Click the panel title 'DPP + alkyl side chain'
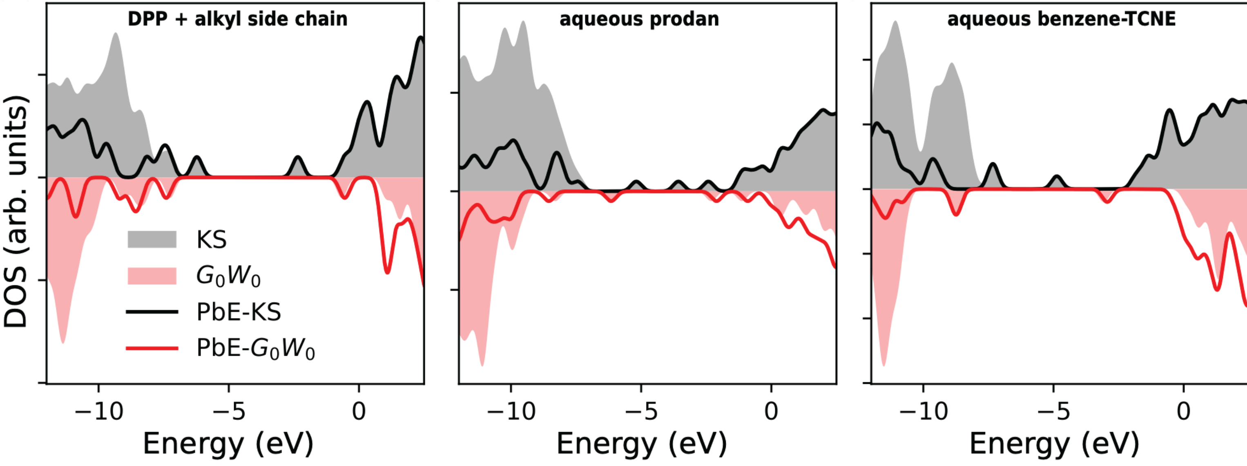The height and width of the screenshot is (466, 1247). [237, 19]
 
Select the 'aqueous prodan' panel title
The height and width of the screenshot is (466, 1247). [639, 19]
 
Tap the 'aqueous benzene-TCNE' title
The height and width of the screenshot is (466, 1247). [1061, 19]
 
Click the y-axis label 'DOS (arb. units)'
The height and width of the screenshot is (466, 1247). [16, 211]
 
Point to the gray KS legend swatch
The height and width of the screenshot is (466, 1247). [152, 239]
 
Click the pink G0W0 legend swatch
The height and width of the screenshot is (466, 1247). [152, 276]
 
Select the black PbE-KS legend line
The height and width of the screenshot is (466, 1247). [152, 312]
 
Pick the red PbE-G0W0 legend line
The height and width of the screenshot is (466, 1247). [152, 348]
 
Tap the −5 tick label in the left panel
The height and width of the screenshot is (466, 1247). [229, 412]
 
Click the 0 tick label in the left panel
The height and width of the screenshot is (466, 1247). [359, 412]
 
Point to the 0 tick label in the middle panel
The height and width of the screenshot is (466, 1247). [771, 412]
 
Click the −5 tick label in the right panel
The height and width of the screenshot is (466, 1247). [1053, 412]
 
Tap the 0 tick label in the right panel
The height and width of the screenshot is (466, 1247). [1184, 412]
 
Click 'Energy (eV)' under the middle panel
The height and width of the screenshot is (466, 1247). [641, 444]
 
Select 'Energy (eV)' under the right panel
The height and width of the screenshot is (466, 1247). [1054, 444]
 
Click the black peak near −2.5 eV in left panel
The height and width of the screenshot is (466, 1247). [298, 158]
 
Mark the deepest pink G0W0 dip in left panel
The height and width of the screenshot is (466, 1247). [63, 341]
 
